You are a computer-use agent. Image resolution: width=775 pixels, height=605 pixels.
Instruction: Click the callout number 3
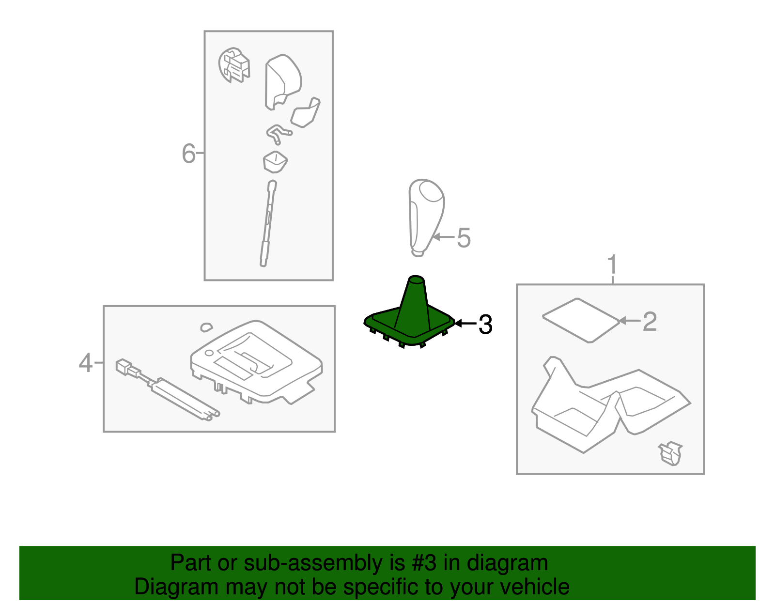tap(485, 325)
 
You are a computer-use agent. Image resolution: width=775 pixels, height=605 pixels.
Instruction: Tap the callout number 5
tap(464, 238)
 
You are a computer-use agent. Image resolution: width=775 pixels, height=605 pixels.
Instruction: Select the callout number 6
tap(189, 153)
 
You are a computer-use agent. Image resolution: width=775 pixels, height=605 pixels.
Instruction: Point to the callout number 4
tap(86, 363)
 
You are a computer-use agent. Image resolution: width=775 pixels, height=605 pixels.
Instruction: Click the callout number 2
tap(650, 321)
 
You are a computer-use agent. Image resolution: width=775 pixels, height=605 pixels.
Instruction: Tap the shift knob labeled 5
tap(426, 217)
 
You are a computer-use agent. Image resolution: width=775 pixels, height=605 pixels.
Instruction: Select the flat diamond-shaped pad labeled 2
tap(581, 321)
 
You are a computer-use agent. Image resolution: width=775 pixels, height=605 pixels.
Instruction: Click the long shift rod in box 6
tap(268, 223)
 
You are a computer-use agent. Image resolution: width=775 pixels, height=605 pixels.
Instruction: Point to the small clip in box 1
tap(670, 453)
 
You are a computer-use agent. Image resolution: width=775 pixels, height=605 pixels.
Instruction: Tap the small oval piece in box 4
tap(206, 327)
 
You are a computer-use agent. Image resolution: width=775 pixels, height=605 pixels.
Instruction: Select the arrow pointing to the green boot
tap(466, 324)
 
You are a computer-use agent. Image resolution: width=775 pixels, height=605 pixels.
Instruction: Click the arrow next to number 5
tap(444, 236)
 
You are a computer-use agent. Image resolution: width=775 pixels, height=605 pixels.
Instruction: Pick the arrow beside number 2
tap(630, 321)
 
